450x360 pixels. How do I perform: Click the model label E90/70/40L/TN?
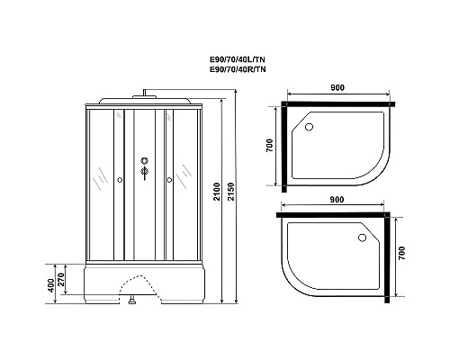point(237,59)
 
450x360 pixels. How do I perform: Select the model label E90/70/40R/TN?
point(237,69)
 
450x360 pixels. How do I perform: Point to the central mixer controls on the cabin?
point(142,170)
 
